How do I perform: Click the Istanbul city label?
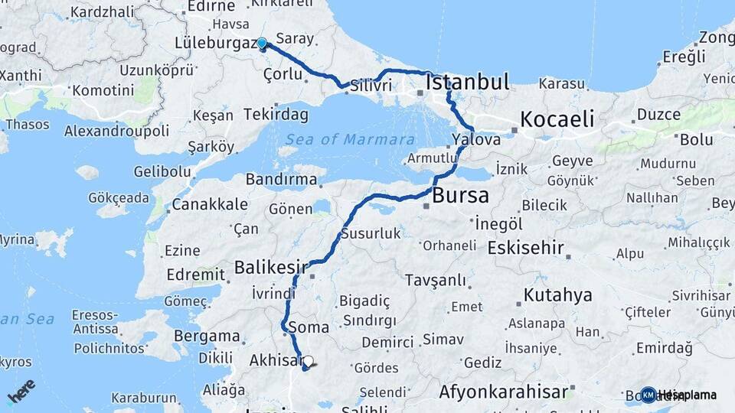[467, 82]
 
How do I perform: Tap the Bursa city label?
[460, 196]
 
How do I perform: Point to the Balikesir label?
[269, 268]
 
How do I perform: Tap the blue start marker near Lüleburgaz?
[262, 44]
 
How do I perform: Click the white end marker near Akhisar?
[308, 361]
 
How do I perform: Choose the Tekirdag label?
[276, 115]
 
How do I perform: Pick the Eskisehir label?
[525, 248]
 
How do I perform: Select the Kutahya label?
[558, 295]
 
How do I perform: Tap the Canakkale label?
[209, 204]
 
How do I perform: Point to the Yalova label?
[476, 140]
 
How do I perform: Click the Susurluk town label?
[371, 234]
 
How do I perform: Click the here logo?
[21, 392]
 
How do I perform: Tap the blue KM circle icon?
[648, 395]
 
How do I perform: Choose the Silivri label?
[371, 86]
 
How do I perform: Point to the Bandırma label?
[281, 180]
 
